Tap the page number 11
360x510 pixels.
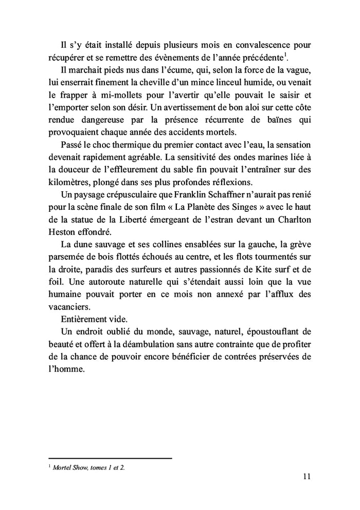[307, 477]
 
